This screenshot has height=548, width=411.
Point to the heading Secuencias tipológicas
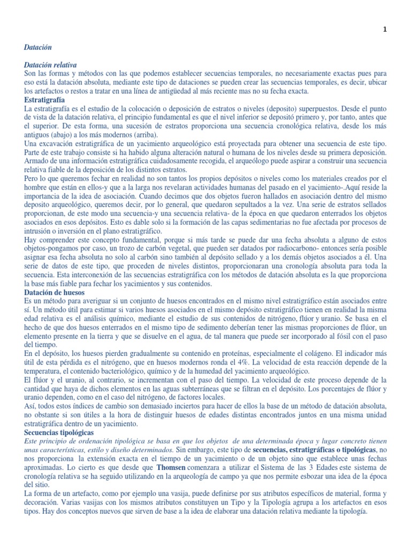(x=59, y=431)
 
